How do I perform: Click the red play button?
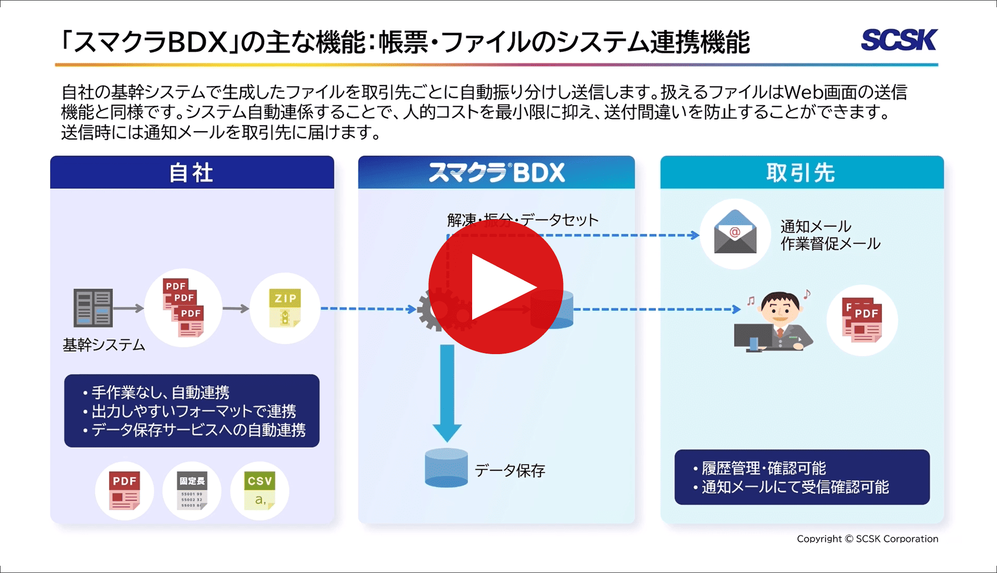tap(495, 287)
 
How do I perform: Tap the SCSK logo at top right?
tap(899, 40)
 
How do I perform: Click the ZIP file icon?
tap(285, 308)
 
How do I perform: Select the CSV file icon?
tap(259, 490)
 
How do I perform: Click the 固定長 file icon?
tap(192, 490)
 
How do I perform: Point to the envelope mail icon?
tap(735, 232)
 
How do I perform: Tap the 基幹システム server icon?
tap(93, 308)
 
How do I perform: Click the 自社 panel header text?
tap(192, 173)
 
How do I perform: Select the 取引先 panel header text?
tap(801, 173)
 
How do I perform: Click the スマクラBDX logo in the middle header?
tap(496, 173)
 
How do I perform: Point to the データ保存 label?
tap(510, 470)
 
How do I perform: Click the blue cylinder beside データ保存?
tap(446, 468)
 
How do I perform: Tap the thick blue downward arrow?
tap(447, 392)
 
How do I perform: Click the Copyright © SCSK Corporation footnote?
tap(867, 539)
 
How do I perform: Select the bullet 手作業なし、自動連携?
tap(160, 392)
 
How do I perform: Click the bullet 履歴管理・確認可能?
tap(764, 468)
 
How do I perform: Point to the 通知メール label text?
tap(816, 226)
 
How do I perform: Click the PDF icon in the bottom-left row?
tap(124, 490)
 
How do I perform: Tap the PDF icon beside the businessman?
tap(862, 320)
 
